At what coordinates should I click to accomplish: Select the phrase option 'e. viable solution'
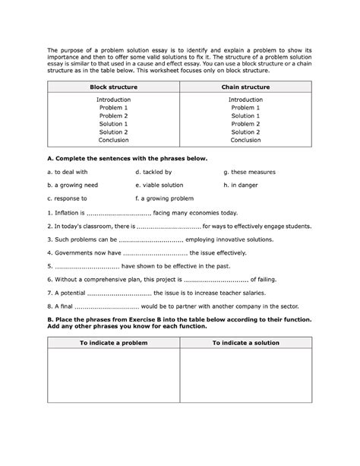point(159,185)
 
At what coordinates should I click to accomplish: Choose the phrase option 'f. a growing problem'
point(163,198)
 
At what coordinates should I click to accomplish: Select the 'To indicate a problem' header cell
point(114,344)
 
